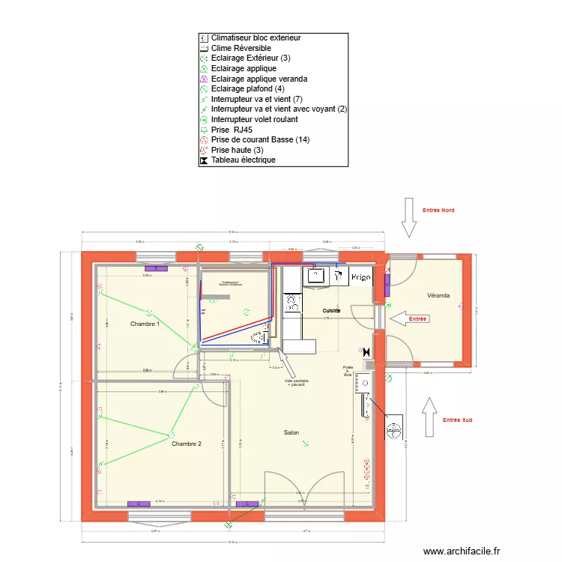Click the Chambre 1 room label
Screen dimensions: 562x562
point(145,324)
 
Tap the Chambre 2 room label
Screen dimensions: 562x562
point(187,444)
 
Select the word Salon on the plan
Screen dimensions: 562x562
point(291,433)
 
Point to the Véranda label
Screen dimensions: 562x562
point(438,295)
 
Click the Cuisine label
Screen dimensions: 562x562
point(331,310)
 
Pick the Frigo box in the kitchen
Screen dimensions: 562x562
point(360,277)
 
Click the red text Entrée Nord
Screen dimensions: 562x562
point(438,211)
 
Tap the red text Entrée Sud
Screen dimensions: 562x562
point(457,420)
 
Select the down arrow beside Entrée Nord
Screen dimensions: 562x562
point(409,218)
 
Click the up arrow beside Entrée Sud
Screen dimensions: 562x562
point(430,417)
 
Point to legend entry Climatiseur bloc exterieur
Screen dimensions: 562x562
point(256,37)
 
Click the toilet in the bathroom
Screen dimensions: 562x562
point(259,337)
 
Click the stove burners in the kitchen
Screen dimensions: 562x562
point(291,303)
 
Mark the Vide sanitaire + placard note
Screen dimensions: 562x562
point(297,382)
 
